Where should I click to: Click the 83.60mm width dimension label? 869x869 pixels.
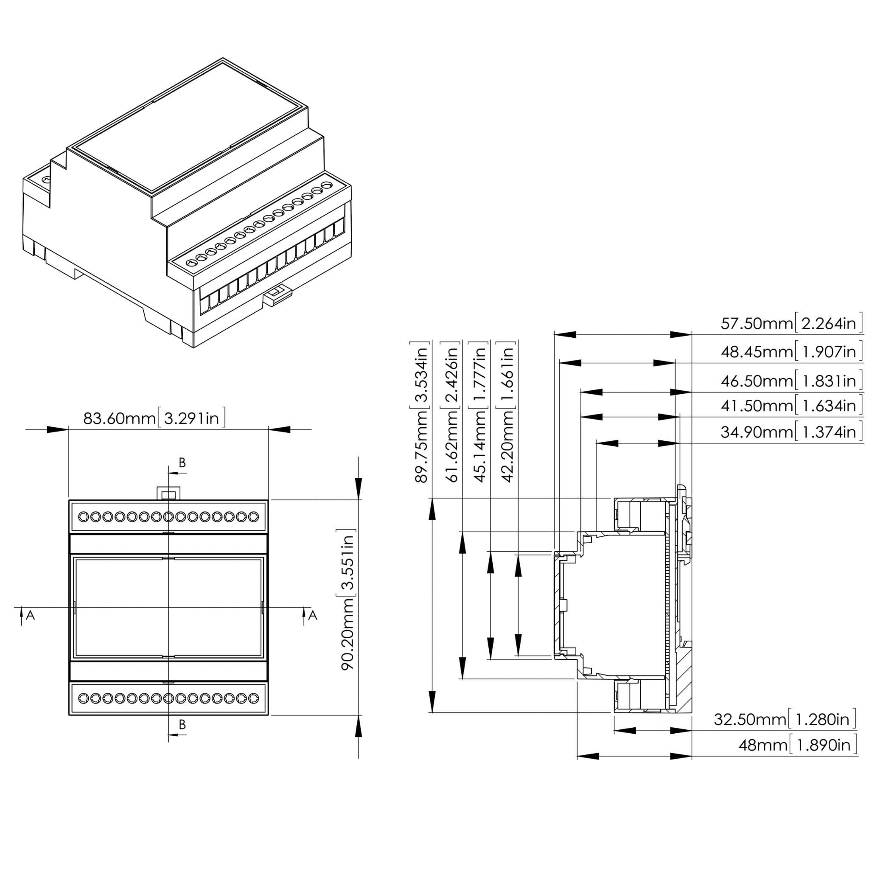pyautogui.click(x=154, y=418)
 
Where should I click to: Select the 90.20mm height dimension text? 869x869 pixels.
pyautogui.click(x=348, y=600)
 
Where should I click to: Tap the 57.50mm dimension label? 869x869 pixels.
pyautogui.click(x=791, y=323)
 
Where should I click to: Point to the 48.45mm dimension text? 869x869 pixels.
pyautogui.click(x=791, y=351)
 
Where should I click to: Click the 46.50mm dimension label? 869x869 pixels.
pyautogui.click(x=791, y=381)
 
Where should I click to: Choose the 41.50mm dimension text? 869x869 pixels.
pyautogui.click(x=791, y=406)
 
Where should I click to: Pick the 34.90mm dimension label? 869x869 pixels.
pyautogui.click(x=791, y=432)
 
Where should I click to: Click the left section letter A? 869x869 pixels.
pyautogui.click(x=30, y=615)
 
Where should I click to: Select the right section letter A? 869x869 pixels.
pyautogui.click(x=313, y=615)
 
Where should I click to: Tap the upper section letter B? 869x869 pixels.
pyautogui.click(x=182, y=463)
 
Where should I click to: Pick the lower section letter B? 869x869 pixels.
pyautogui.click(x=182, y=725)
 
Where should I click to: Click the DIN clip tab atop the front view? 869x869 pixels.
pyautogui.click(x=168, y=493)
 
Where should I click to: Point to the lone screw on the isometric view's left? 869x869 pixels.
pyautogui.click(x=46, y=180)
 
